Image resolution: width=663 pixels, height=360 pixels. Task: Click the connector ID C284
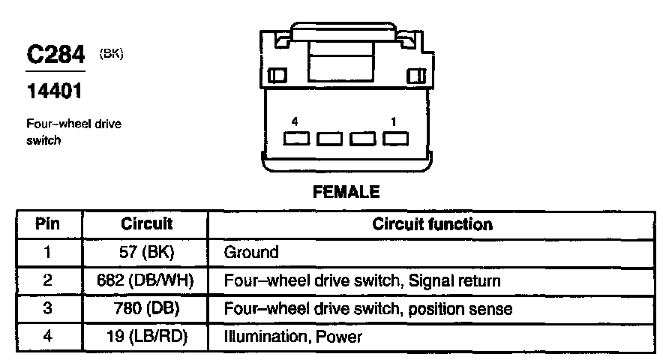pyautogui.click(x=54, y=58)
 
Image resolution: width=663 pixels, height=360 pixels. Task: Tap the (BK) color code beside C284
pyautogui.click(x=111, y=53)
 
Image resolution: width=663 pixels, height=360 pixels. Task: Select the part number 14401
pyautogui.click(x=53, y=93)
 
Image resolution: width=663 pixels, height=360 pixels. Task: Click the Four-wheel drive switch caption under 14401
pyautogui.click(x=73, y=132)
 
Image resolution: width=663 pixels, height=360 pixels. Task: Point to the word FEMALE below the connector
pyautogui.click(x=346, y=192)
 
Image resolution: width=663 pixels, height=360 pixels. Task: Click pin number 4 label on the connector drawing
pyautogui.click(x=296, y=121)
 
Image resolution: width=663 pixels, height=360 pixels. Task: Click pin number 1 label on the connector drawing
pyautogui.click(x=394, y=121)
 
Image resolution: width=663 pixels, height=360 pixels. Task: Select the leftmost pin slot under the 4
pyautogui.click(x=296, y=139)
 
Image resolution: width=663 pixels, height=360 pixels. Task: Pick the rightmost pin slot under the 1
pyautogui.click(x=395, y=139)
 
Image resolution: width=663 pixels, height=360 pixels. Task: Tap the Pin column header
pyautogui.click(x=47, y=224)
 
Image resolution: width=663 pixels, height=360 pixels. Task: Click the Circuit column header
pyautogui.click(x=146, y=224)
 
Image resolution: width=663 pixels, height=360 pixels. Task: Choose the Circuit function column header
pyautogui.click(x=432, y=224)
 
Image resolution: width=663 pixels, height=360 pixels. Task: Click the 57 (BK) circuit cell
pyautogui.click(x=146, y=253)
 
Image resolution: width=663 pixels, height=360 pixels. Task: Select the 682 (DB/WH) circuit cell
pyautogui.click(x=146, y=281)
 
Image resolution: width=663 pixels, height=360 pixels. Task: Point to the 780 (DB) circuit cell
pyautogui.click(x=146, y=309)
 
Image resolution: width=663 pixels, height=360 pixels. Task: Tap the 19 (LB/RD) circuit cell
pyautogui.click(x=146, y=337)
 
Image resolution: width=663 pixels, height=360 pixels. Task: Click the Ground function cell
pyautogui.click(x=251, y=253)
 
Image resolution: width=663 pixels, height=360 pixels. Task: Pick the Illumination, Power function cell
pyautogui.click(x=292, y=337)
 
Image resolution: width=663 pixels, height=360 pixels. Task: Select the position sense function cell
pyautogui.click(x=367, y=309)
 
